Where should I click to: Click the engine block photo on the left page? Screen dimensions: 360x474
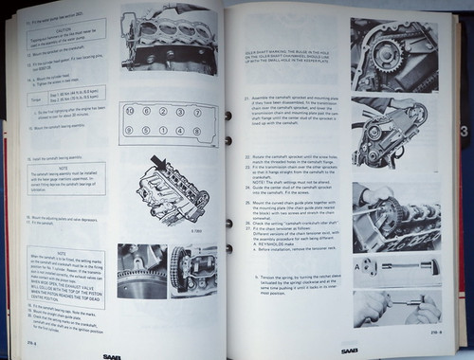(173, 39)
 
